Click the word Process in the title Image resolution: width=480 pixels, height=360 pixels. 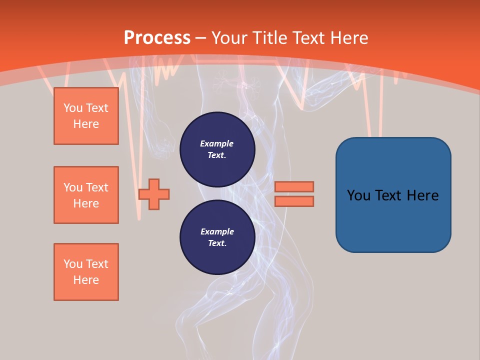(157, 37)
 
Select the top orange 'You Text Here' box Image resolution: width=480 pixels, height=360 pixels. (86, 116)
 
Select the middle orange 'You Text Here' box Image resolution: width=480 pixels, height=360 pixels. (86, 195)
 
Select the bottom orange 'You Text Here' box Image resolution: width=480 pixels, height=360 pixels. (86, 272)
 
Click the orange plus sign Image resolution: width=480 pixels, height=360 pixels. (154, 194)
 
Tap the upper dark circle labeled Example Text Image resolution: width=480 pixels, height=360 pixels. (217, 149)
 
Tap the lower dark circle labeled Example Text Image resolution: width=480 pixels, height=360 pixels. (217, 237)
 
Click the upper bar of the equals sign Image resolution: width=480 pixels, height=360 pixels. (294, 186)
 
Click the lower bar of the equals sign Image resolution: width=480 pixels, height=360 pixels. (294, 201)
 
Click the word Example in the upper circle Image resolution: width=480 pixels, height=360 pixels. (217, 143)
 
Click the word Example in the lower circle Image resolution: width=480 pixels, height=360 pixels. (217, 231)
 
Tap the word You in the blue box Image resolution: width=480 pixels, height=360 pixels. (358, 195)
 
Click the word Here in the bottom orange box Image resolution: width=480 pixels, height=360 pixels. (86, 280)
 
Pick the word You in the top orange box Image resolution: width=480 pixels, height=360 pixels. (73, 108)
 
